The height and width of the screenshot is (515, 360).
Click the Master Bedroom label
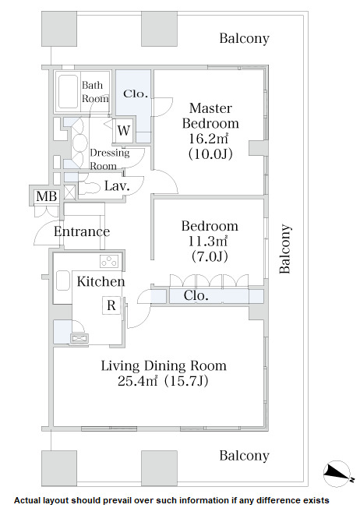(x=210, y=115)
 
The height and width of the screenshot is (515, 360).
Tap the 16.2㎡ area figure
(x=208, y=139)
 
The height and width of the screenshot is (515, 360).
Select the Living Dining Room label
(x=164, y=365)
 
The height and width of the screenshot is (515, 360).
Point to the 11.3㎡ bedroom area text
(x=207, y=242)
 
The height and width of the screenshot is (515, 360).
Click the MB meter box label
(x=47, y=196)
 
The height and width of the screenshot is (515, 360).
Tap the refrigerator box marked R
(x=111, y=305)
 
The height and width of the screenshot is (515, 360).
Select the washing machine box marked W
(x=124, y=130)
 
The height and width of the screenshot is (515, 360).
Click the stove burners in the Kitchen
(x=110, y=261)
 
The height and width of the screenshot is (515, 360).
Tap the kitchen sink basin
(x=63, y=280)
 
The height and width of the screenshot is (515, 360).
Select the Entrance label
(x=82, y=231)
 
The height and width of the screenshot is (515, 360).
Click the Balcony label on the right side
(x=285, y=249)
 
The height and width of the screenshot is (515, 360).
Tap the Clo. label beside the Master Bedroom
(x=136, y=93)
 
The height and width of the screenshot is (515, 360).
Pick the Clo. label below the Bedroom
(x=196, y=295)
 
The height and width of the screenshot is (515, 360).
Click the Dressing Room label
(x=110, y=159)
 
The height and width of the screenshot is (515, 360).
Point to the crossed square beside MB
(x=69, y=192)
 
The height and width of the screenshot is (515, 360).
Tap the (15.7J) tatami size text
(x=186, y=381)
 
